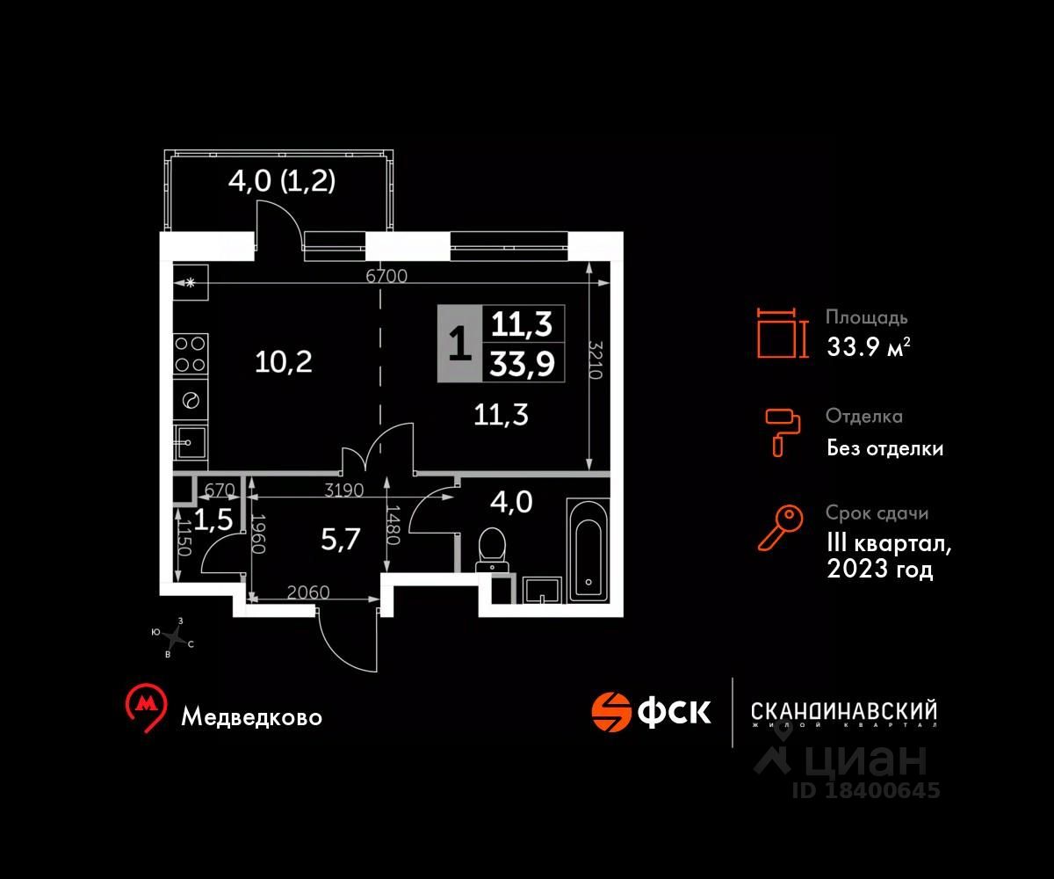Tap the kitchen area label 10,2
(x=284, y=363)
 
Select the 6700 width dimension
(x=386, y=276)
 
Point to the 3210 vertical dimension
(x=596, y=360)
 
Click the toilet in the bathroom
(x=492, y=549)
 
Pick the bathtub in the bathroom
(x=588, y=550)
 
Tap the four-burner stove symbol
(x=191, y=353)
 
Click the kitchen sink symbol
(x=191, y=442)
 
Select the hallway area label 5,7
(x=340, y=539)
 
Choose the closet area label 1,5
(x=213, y=519)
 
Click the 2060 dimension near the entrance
(x=308, y=592)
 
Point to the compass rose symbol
(x=174, y=637)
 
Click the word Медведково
(x=251, y=717)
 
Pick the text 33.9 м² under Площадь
(x=869, y=346)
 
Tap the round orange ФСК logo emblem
(x=610, y=712)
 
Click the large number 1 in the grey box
(x=460, y=344)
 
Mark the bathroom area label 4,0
(x=511, y=503)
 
